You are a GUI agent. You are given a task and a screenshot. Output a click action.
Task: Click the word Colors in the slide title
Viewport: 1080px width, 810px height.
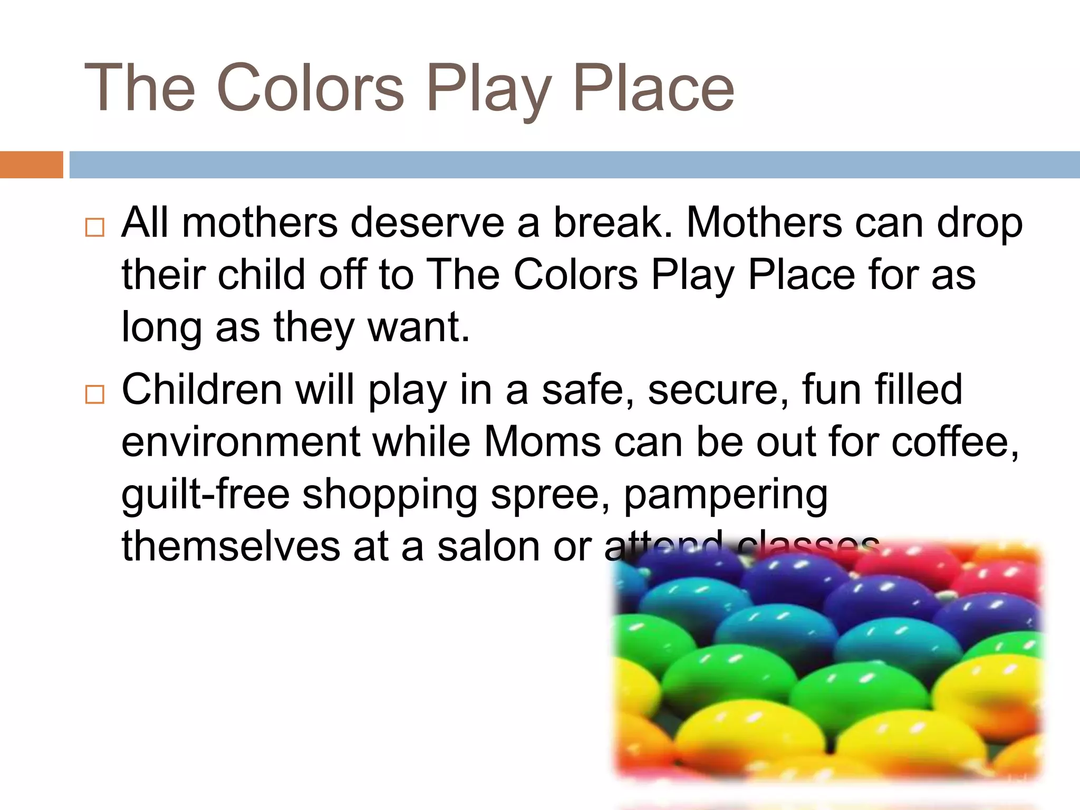310,88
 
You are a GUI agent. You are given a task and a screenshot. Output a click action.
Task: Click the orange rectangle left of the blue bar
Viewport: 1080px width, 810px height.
31,165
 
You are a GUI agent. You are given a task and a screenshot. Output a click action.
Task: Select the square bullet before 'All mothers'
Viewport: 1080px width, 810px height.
95,227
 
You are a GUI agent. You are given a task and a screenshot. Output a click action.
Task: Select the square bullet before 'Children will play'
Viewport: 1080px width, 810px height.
95,394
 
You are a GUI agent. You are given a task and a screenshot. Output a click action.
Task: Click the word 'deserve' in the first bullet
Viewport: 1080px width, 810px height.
427,223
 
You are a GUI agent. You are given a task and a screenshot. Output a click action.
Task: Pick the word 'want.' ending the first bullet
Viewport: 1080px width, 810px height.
418,327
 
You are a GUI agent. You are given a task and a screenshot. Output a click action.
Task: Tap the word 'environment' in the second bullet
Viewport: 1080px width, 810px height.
241,442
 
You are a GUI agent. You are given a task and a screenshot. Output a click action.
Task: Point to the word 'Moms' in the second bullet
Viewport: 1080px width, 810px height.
542,442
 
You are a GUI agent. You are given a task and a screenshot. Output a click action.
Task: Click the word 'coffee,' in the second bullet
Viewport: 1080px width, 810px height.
955,442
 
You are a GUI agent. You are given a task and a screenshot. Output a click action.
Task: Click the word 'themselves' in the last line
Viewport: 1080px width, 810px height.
231,547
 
